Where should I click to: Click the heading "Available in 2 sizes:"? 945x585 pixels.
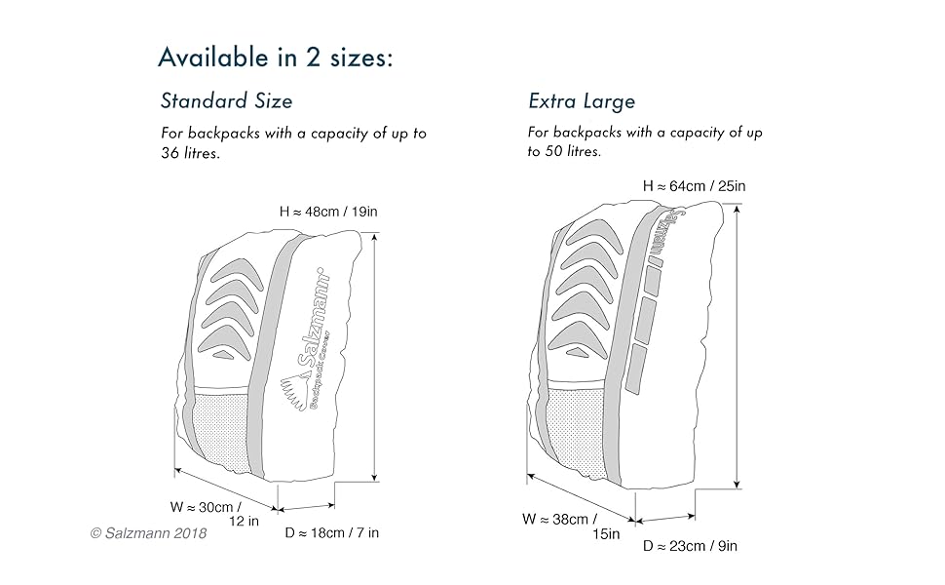[276, 57]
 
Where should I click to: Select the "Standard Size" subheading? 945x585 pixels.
[226, 100]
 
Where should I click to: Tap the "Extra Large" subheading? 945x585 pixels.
[582, 100]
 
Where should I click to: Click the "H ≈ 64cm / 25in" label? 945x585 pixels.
[695, 185]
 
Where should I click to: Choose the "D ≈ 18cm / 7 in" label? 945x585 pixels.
[332, 532]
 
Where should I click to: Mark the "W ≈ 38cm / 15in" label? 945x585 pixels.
[574, 526]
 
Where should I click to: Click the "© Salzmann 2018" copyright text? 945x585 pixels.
[148, 533]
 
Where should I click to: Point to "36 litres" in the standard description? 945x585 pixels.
[190, 153]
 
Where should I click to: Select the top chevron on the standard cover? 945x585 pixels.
[237, 268]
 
